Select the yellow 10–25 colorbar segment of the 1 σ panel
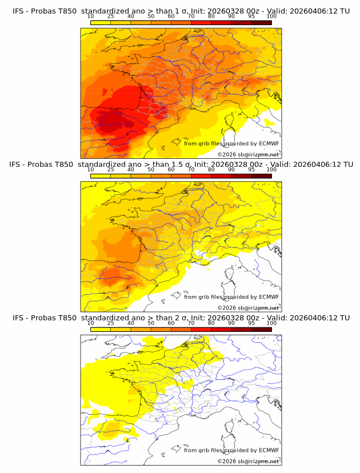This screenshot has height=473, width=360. (x=100, y=22)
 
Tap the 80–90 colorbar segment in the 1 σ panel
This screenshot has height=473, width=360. (x=221, y=22)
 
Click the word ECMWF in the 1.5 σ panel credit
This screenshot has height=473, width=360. (x=269, y=297)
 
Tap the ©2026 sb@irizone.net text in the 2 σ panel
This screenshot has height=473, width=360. (x=248, y=461)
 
